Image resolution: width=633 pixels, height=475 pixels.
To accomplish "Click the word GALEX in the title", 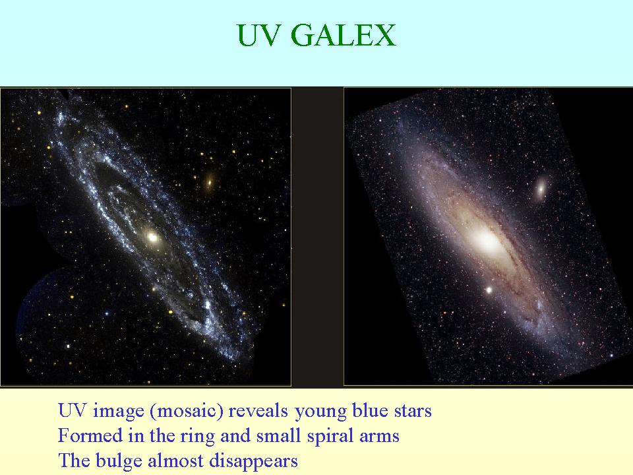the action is click(343, 35).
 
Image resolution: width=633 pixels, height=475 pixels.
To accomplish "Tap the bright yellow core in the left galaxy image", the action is click(152, 237).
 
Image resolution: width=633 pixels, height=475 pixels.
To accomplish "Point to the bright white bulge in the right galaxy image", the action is click(488, 241).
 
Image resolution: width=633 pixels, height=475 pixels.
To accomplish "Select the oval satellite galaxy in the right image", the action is click(541, 187).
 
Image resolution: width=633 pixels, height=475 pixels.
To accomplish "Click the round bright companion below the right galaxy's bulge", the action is click(489, 290).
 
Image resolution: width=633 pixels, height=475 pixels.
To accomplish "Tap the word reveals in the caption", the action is click(258, 411).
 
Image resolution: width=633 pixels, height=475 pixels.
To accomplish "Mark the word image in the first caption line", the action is click(119, 412).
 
